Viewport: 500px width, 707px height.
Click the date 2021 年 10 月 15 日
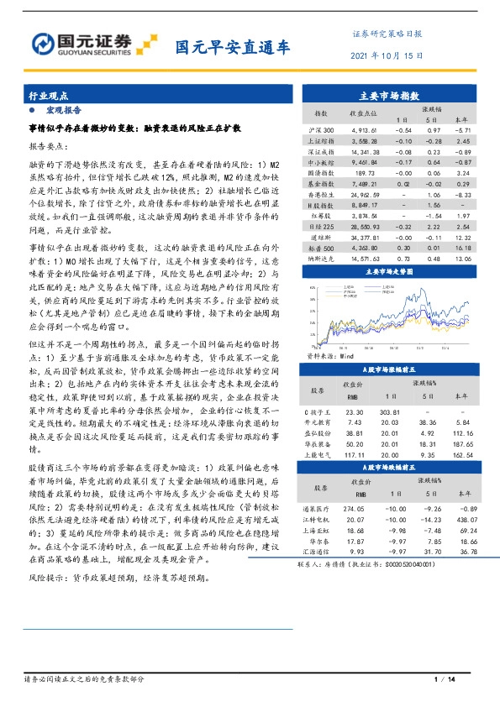tap(385, 55)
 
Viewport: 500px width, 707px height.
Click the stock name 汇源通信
tap(318, 552)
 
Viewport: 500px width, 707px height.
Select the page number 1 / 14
tap(443, 678)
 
